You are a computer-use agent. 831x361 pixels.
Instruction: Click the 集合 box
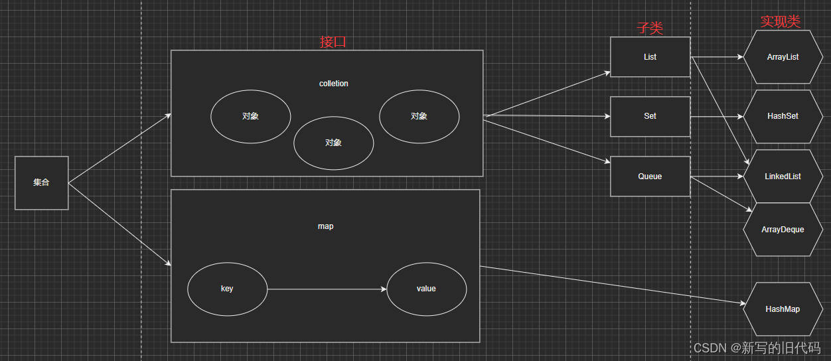[x=41, y=182]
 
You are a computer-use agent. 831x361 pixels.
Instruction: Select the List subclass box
[x=650, y=57]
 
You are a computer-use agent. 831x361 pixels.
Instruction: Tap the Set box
[x=650, y=116]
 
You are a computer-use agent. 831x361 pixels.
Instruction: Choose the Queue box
[x=650, y=177]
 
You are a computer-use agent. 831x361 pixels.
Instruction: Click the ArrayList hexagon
[x=783, y=57]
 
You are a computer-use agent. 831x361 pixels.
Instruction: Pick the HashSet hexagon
[x=783, y=116]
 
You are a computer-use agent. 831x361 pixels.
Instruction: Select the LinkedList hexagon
[x=783, y=177]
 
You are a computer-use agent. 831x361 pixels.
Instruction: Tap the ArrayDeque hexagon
[x=783, y=230]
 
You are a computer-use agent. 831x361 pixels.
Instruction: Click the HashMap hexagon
[x=783, y=309]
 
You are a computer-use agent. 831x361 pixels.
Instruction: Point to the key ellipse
[x=227, y=289]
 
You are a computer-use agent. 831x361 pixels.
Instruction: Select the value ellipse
[x=426, y=289]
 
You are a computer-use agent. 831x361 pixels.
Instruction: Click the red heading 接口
[x=333, y=42]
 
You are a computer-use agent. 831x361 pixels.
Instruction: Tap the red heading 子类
[x=650, y=27]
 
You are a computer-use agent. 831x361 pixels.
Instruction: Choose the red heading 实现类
[x=780, y=21]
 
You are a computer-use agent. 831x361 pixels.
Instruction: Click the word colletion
[x=333, y=84]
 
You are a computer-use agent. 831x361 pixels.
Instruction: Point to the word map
[x=325, y=226]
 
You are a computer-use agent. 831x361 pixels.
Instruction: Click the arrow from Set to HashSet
[x=717, y=117]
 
